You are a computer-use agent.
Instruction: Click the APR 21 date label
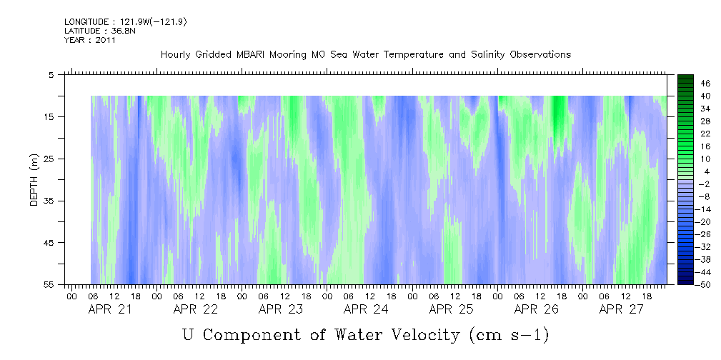pyautogui.click(x=110, y=309)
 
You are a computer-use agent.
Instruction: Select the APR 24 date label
pyautogui.click(x=366, y=309)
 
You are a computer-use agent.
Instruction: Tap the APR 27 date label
pyautogui.click(x=621, y=309)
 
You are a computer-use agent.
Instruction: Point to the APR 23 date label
pyautogui.click(x=281, y=309)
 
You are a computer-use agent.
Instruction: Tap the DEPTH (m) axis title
pyautogui.click(x=34, y=180)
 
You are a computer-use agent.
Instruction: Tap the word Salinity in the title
pyautogui.click(x=489, y=55)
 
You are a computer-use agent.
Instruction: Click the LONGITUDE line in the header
pyautogui.click(x=126, y=22)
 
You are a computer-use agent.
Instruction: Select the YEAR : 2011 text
pyautogui.click(x=90, y=40)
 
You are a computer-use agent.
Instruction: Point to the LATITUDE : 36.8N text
pyautogui.click(x=100, y=31)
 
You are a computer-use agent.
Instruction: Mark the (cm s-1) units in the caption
pyautogui.click(x=509, y=335)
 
